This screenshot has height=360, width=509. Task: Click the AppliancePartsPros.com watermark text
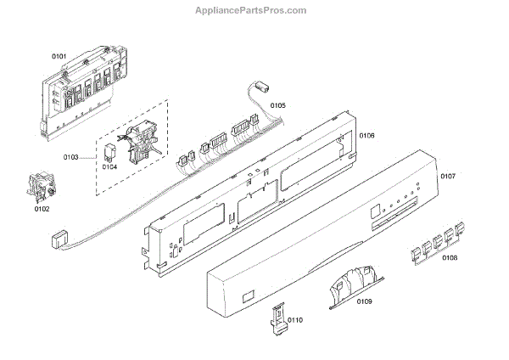point(255,10)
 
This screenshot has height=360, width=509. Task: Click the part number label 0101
point(59,56)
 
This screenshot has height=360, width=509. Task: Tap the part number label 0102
point(42,208)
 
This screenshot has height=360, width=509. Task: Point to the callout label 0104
point(109,167)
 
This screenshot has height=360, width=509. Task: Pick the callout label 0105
point(277,105)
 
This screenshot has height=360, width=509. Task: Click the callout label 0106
point(366,135)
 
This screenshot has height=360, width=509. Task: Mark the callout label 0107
point(448,177)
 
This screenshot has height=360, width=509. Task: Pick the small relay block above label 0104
point(109,152)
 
